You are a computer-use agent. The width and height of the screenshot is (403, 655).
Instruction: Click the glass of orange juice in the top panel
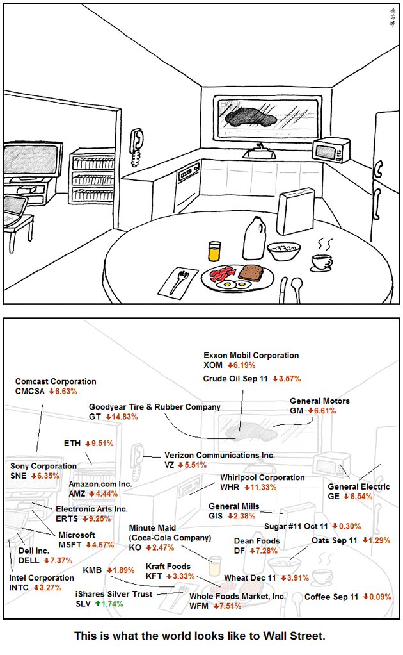[214, 251]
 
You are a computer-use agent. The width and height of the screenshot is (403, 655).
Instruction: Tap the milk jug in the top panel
[254, 238]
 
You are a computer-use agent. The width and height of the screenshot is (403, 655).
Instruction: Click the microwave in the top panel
[331, 150]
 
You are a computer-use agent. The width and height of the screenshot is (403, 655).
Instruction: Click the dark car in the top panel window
[251, 117]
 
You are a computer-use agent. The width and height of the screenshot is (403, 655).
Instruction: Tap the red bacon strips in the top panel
[222, 274]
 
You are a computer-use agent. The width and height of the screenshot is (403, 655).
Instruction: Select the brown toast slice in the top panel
[251, 272]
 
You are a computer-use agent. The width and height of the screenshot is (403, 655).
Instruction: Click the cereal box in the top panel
[296, 211]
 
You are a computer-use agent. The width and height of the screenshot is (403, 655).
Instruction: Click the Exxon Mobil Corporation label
[251, 356]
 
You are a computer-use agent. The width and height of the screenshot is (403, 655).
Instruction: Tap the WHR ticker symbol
[230, 487]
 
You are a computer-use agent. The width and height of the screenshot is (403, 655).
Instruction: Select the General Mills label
[233, 506]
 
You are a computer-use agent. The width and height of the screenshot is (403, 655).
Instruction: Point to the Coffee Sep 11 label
[331, 597]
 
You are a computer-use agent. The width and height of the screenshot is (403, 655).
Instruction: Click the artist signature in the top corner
[393, 17]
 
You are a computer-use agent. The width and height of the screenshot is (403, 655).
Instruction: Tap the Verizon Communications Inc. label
[219, 455]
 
